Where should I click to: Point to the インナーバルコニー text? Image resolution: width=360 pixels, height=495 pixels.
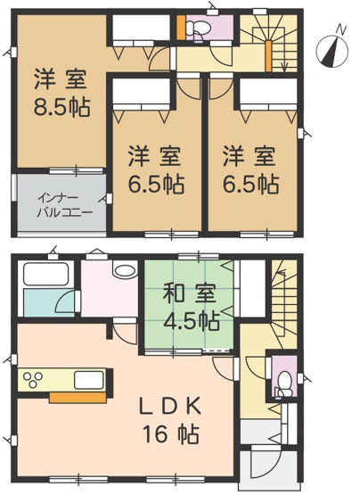click(61, 205)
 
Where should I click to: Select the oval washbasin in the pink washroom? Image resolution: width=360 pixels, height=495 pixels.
click(124, 272)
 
